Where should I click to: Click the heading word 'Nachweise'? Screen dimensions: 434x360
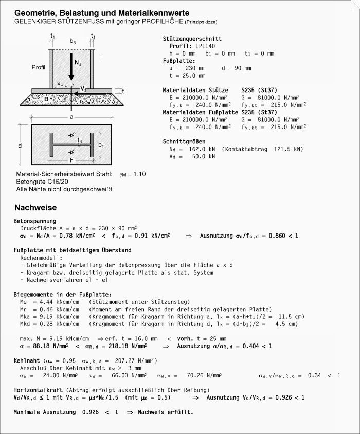pyautogui.click(x=35, y=208)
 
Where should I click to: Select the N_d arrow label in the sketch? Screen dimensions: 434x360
pyautogui.click(x=77, y=64)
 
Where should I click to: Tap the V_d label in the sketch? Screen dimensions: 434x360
pyautogui.click(x=83, y=88)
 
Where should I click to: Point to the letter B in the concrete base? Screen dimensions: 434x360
pyautogui.click(x=46, y=98)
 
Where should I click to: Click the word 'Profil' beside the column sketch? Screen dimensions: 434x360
pyautogui.click(x=39, y=67)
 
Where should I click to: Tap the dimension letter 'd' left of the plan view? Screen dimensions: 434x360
pyautogui.click(x=20, y=146)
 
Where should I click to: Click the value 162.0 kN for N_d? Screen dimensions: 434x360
pyautogui.click(x=195, y=150)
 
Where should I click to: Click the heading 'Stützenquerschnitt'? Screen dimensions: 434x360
pyautogui.click(x=192, y=39)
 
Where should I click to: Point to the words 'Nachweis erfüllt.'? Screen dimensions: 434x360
pyautogui.click(x=165, y=412)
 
